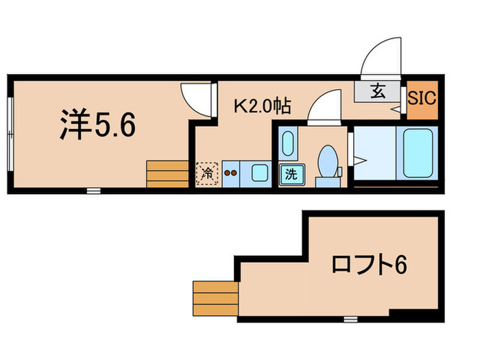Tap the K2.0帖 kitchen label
coord(263,106)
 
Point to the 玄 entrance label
coord(378,90)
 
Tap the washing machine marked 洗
coord(291,173)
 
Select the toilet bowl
coord(328,162)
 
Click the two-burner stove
coord(230,173)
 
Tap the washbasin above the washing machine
coord(288,143)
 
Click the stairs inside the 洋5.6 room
coord(167,173)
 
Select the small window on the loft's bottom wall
coord(350,319)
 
